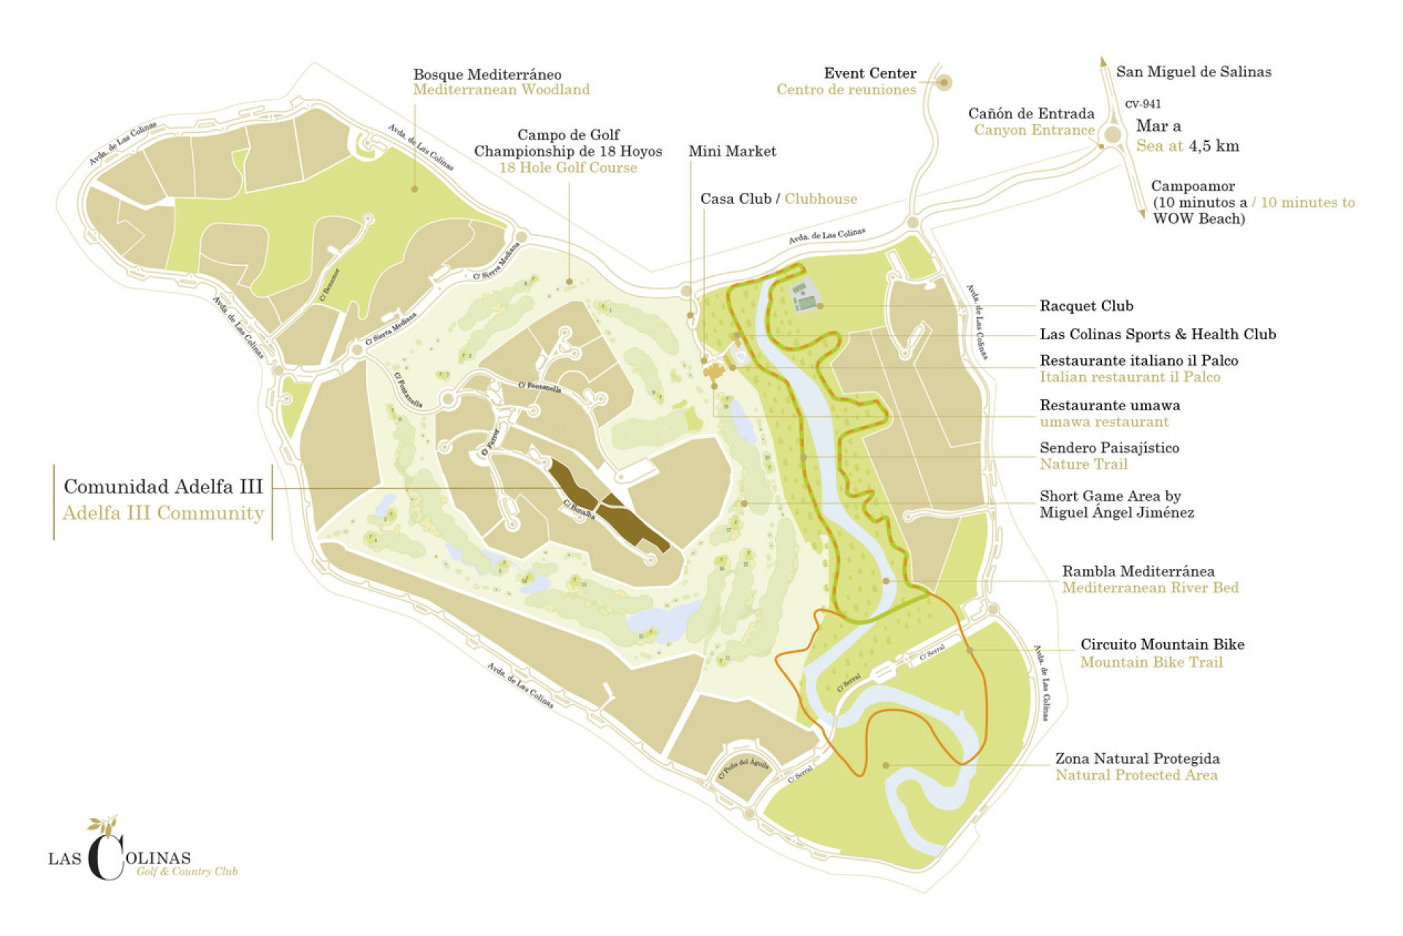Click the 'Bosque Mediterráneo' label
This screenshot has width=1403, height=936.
point(487,75)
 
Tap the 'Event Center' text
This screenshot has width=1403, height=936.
point(870,73)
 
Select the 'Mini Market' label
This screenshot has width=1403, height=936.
point(731,151)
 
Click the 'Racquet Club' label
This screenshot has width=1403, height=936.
point(1086,306)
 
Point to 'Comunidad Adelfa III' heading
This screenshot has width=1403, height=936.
point(163,487)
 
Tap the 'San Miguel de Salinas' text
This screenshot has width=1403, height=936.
point(1193,72)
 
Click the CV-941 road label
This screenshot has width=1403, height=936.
point(1143,104)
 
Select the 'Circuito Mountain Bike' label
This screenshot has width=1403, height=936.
point(1162,645)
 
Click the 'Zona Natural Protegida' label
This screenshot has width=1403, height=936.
point(1137,759)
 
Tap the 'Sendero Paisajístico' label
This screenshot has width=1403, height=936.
point(1109,448)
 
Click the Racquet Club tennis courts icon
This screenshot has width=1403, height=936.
point(805,297)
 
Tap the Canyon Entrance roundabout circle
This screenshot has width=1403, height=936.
point(1112,135)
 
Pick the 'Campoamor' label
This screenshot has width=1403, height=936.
point(1192,186)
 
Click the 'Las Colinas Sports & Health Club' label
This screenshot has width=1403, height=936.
point(1157,335)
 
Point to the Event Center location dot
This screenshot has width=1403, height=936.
point(943,83)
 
